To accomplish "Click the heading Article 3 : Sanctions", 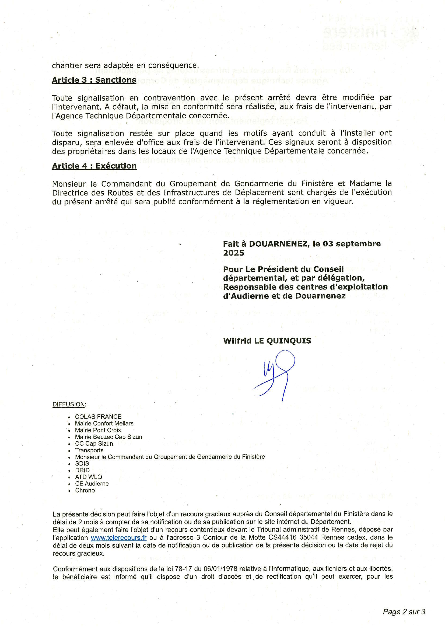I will (x=94, y=80).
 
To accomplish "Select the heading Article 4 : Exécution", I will (x=94, y=166).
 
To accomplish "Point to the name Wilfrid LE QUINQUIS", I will (x=267, y=341).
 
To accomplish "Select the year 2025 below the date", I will (x=233, y=253).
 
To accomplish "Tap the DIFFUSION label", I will (x=69, y=404).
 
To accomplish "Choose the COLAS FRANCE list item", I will (x=98, y=417).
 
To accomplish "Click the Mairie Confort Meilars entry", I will (x=104, y=424).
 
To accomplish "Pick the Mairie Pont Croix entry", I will (x=98, y=430).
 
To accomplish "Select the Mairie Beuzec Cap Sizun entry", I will (x=108, y=437).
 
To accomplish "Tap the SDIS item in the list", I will (x=82, y=464).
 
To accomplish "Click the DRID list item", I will (x=82, y=470).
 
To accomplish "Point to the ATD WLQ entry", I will (x=89, y=477).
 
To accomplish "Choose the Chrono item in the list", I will (x=85, y=491).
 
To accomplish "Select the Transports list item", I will (x=89, y=450).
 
